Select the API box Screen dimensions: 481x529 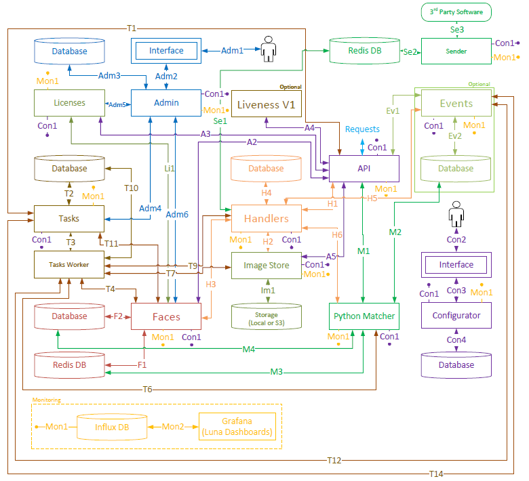tap(364, 167)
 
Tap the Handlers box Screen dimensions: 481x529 tap(266, 218)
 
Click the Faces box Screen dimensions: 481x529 tap(165, 316)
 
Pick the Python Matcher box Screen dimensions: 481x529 tap(364, 316)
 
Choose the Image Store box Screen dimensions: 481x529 tap(266, 266)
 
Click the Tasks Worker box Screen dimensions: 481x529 tap(69, 264)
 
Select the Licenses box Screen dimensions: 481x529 tap(69, 103)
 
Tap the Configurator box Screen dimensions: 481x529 tap(456, 315)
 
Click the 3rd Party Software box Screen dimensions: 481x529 tap(456, 12)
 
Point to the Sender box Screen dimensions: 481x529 tap(456, 51)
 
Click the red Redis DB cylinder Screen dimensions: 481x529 tap(69, 364)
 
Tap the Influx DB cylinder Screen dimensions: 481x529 tap(112, 427)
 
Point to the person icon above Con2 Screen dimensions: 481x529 tap(456, 217)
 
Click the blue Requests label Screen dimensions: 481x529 tap(362, 129)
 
